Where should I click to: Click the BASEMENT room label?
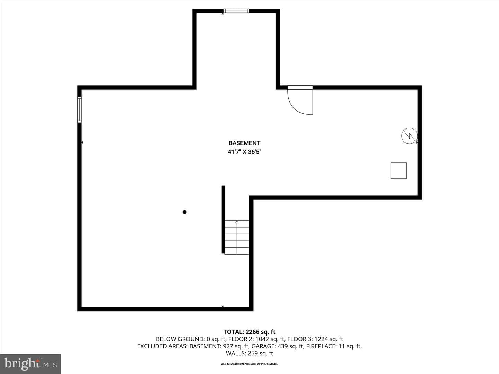pos(244,143)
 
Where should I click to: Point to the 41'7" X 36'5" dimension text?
pos(244,152)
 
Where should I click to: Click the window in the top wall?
pos(236,11)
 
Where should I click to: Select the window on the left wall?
pos(79,110)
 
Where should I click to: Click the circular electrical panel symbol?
pos(410,136)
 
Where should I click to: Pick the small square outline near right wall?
pos(399,171)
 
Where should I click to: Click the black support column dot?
pos(185,212)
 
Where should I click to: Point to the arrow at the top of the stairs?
pos(237,222)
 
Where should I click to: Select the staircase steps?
pos(237,237)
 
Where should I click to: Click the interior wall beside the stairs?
pos(223,220)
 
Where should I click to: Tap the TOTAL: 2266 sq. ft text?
pos(249,332)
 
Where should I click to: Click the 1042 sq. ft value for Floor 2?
pos(270,339)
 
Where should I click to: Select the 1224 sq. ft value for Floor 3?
pos(329,339)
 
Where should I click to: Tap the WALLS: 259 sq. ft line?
pos(249,353)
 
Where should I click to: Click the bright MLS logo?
pos(30,364)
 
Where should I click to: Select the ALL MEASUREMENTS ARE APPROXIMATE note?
pos(249,364)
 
